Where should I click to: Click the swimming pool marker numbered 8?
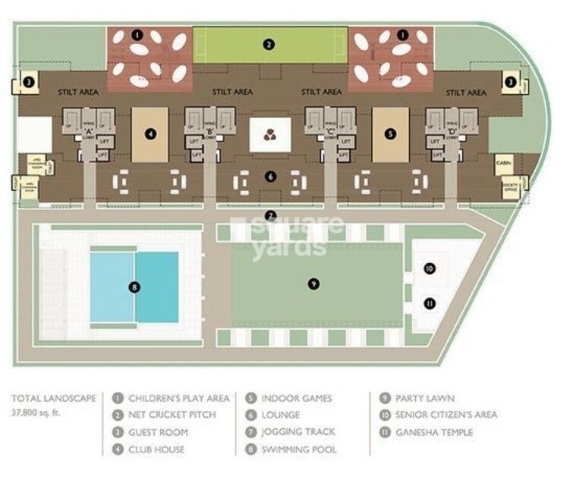pos(134,287)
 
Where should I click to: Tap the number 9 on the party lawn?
pos(311,283)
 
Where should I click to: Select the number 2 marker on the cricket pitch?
pos(269,44)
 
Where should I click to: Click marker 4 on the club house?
pos(151,134)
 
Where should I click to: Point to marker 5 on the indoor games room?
pos(391,134)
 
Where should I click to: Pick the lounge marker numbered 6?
pos(270,177)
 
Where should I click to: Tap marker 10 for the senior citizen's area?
pos(430,269)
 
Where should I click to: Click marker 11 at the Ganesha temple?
pos(430,303)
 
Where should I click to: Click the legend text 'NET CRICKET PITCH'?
pos(172,415)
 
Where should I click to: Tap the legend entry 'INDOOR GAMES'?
pos(297,398)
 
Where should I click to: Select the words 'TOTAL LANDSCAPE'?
pos(54,398)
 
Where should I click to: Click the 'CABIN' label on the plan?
pos(502,164)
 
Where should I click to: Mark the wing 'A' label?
pos(90,132)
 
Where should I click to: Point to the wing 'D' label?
pos(452,132)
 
